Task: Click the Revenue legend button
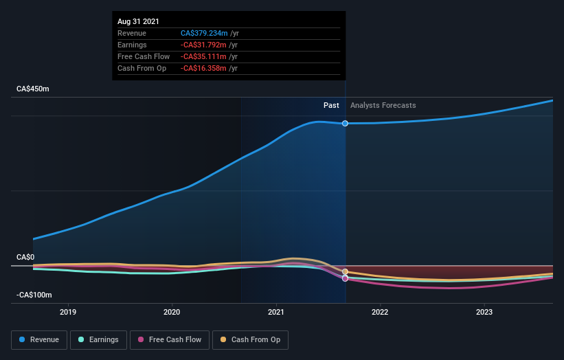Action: point(39,339)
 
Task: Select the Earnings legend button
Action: point(98,339)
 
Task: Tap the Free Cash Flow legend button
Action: point(169,339)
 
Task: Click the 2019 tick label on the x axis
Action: point(68,312)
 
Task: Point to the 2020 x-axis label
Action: point(172,312)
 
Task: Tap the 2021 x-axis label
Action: point(276,312)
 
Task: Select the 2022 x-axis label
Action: point(380,312)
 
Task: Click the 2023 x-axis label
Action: point(484,312)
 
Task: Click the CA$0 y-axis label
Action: point(25,257)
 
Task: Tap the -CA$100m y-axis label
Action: point(34,295)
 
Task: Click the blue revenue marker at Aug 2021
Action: point(345,124)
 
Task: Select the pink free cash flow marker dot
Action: point(345,279)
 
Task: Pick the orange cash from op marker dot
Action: point(345,272)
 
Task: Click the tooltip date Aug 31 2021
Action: point(138,21)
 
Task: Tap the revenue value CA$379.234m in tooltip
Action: point(204,33)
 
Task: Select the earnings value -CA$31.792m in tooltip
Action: point(205,45)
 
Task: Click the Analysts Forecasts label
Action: point(383,105)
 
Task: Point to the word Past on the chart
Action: point(331,105)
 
